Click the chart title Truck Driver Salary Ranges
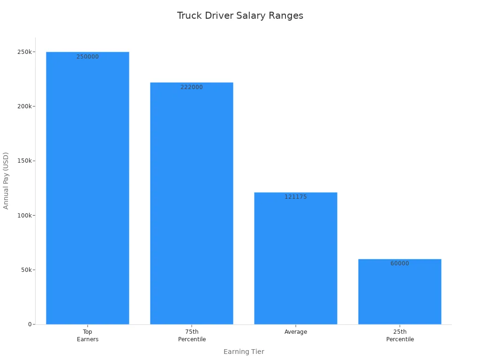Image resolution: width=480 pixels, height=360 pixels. pyautogui.click(x=240, y=15)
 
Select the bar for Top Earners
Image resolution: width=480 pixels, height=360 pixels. pyautogui.click(x=88, y=187)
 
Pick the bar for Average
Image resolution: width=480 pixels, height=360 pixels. pyautogui.click(x=296, y=258)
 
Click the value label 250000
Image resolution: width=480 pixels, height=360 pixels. pyautogui.click(x=88, y=57)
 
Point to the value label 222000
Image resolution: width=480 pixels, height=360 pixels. pyautogui.click(x=192, y=87)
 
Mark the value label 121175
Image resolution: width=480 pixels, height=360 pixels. pyautogui.click(x=296, y=197)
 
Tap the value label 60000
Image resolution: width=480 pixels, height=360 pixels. pyautogui.click(x=400, y=263)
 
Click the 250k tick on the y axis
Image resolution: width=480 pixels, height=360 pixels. pyautogui.click(x=23, y=52)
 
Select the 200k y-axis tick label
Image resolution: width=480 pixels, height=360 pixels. pyautogui.click(x=23, y=106)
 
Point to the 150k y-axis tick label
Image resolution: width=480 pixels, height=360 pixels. pyautogui.click(x=23, y=161)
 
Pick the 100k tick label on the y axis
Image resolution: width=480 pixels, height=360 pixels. pyautogui.click(x=23, y=216)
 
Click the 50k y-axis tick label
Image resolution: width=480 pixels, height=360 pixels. pyautogui.click(x=25, y=270)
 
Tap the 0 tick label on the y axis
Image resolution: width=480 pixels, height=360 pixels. pyautogui.click(x=30, y=324)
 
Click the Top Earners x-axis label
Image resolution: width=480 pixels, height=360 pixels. pyautogui.click(x=88, y=336)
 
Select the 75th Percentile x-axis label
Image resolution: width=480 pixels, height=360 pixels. pyautogui.click(x=192, y=336)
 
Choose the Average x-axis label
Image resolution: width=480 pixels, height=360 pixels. pyautogui.click(x=296, y=332)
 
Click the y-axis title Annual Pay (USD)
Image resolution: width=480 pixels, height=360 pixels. pyautogui.click(x=6, y=180)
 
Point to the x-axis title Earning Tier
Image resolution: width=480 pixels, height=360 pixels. pyautogui.click(x=244, y=352)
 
